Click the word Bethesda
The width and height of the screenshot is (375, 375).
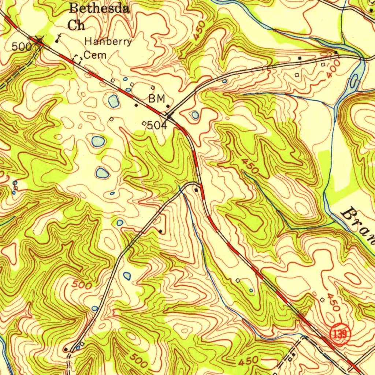[x=99, y=8]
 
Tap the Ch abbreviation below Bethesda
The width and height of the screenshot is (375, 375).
[x=76, y=25]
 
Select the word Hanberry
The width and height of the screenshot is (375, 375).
[x=108, y=42]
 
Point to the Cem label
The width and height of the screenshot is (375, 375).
[x=95, y=55]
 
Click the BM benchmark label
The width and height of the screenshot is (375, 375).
[x=157, y=99]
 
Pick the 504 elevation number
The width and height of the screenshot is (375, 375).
[x=157, y=126]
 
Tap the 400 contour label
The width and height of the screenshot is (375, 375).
[x=334, y=69]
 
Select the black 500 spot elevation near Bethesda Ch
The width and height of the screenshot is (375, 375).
[x=22, y=47]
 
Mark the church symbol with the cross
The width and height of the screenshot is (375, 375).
[x=58, y=37]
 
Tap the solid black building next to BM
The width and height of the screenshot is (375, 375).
[x=168, y=106]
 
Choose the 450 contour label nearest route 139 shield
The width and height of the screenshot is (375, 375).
[x=333, y=302]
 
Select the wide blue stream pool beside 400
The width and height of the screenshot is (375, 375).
[x=354, y=79]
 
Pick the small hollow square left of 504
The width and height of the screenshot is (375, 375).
[x=144, y=123]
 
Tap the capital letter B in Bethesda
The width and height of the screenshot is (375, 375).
[x=75, y=8]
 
